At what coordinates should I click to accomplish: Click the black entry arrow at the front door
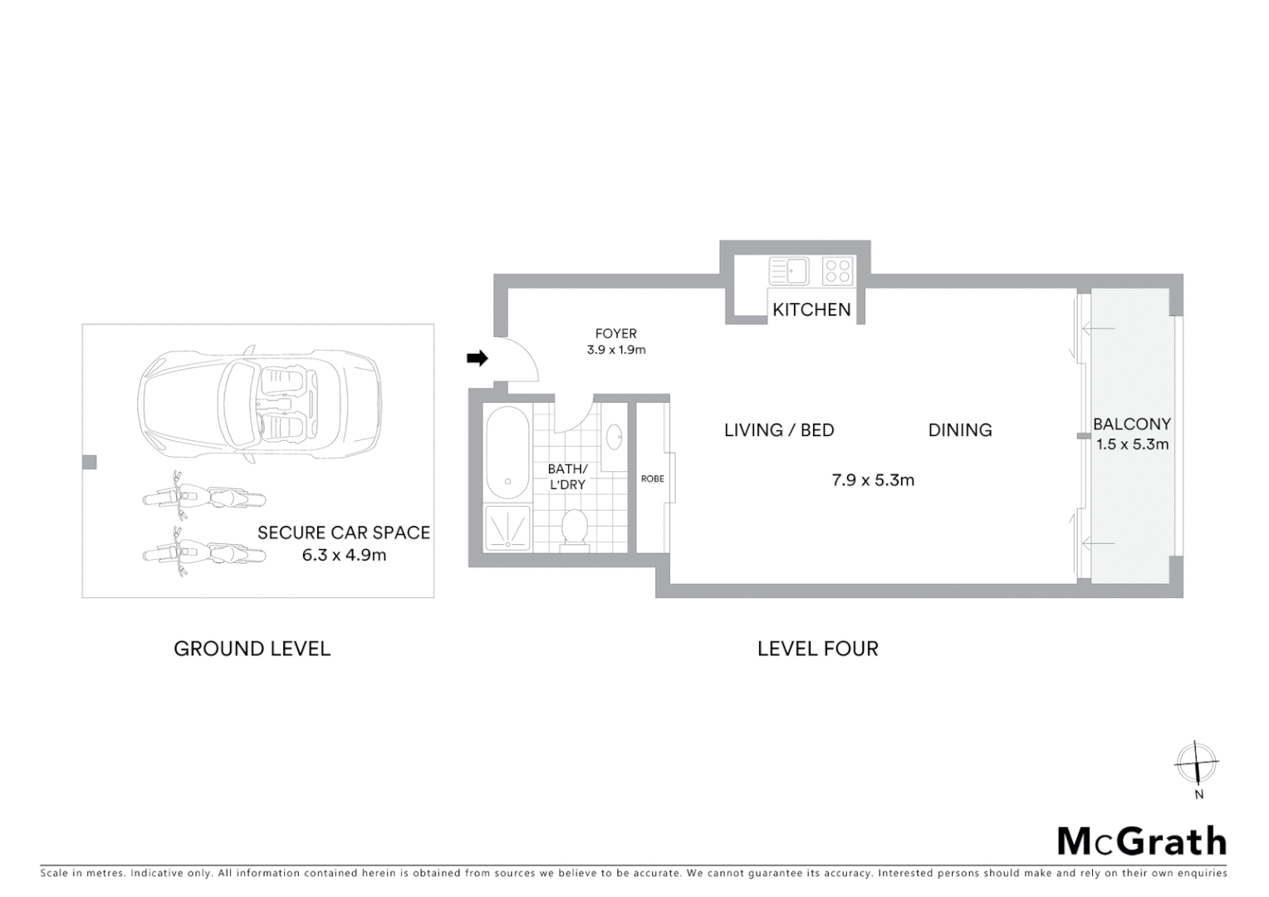477,358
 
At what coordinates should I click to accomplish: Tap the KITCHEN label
811,310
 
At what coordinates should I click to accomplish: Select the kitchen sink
789,271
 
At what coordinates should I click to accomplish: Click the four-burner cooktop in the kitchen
837,271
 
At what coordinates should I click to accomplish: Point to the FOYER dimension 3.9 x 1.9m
616,350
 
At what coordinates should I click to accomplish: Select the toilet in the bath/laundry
575,529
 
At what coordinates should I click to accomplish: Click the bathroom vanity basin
615,436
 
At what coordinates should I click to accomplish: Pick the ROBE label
653,478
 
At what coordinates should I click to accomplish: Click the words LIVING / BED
779,430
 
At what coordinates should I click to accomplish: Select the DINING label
960,430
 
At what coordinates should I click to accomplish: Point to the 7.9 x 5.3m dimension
873,480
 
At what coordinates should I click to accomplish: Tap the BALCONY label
1132,424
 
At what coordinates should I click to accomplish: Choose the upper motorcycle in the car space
203,498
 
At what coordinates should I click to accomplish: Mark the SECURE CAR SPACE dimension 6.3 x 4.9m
344,555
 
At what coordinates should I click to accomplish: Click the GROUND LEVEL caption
252,649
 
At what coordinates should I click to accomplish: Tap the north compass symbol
1197,762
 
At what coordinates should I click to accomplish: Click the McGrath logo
1142,841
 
